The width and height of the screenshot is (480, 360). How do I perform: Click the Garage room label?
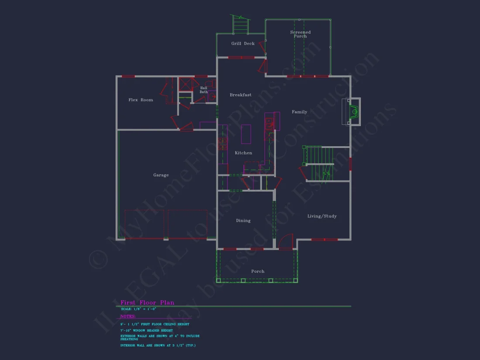(161, 175)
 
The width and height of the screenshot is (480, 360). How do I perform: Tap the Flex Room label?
(141, 100)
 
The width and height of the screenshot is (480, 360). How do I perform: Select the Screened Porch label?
(300, 34)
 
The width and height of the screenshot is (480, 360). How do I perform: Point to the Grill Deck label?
(243, 44)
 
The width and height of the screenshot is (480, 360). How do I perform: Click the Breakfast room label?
(240, 95)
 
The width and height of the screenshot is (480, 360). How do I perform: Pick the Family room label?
(299, 112)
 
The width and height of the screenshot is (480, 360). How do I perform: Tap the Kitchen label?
(243, 153)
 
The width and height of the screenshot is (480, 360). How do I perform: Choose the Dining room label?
(243, 220)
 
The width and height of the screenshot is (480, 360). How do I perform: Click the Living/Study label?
(322, 216)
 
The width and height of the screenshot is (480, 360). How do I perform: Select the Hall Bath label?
(204, 90)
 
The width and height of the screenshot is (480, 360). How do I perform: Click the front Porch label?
(257, 271)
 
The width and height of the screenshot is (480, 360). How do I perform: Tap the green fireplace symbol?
(354, 112)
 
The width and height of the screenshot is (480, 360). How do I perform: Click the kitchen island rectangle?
(246, 134)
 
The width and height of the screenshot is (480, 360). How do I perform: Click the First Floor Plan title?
(147, 302)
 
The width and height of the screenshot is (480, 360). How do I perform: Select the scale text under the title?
(138, 309)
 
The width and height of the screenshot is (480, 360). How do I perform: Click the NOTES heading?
(128, 316)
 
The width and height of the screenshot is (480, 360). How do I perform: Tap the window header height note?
(146, 330)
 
